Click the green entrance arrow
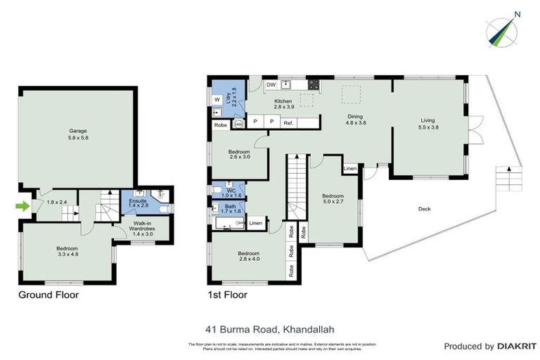(x=23, y=206)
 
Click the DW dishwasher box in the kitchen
(x=271, y=86)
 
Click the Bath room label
(x=230, y=209)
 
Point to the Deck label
(x=424, y=209)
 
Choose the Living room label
(x=428, y=124)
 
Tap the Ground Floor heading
(x=48, y=295)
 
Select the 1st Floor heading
(x=227, y=295)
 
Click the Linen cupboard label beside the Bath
(x=256, y=224)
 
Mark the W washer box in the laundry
(x=217, y=100)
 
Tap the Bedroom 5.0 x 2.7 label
(x=333, y=199)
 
